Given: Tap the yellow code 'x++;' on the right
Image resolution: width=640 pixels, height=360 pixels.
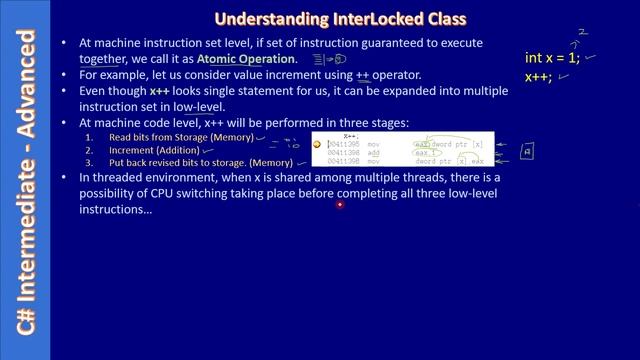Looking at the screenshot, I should pyautogui.click(x=539, y=76).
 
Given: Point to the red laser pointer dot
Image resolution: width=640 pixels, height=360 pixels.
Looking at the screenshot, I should pyautogui.click(x=339, y=205).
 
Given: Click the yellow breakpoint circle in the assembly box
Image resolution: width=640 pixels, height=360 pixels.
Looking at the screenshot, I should pyautogui.click(x=317, y=145).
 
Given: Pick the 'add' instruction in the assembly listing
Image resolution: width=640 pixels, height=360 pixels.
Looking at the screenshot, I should pyautogui.click(x=373, y=153).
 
